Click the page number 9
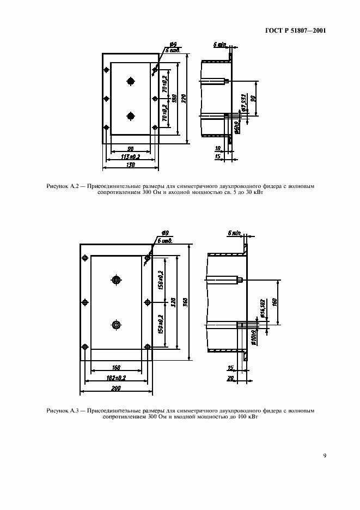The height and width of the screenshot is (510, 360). [324, 456]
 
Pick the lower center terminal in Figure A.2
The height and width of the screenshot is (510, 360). [130, 116]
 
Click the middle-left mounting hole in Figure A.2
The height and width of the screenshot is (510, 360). [106, 98]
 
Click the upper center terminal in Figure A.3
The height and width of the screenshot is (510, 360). [115, 280]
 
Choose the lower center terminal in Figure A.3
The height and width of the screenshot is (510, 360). [115, 325]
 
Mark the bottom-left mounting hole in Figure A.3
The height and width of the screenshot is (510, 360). [85, 347]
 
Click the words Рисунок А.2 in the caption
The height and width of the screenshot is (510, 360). [64, 186]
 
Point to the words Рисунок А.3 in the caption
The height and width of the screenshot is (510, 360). [64, 410]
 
